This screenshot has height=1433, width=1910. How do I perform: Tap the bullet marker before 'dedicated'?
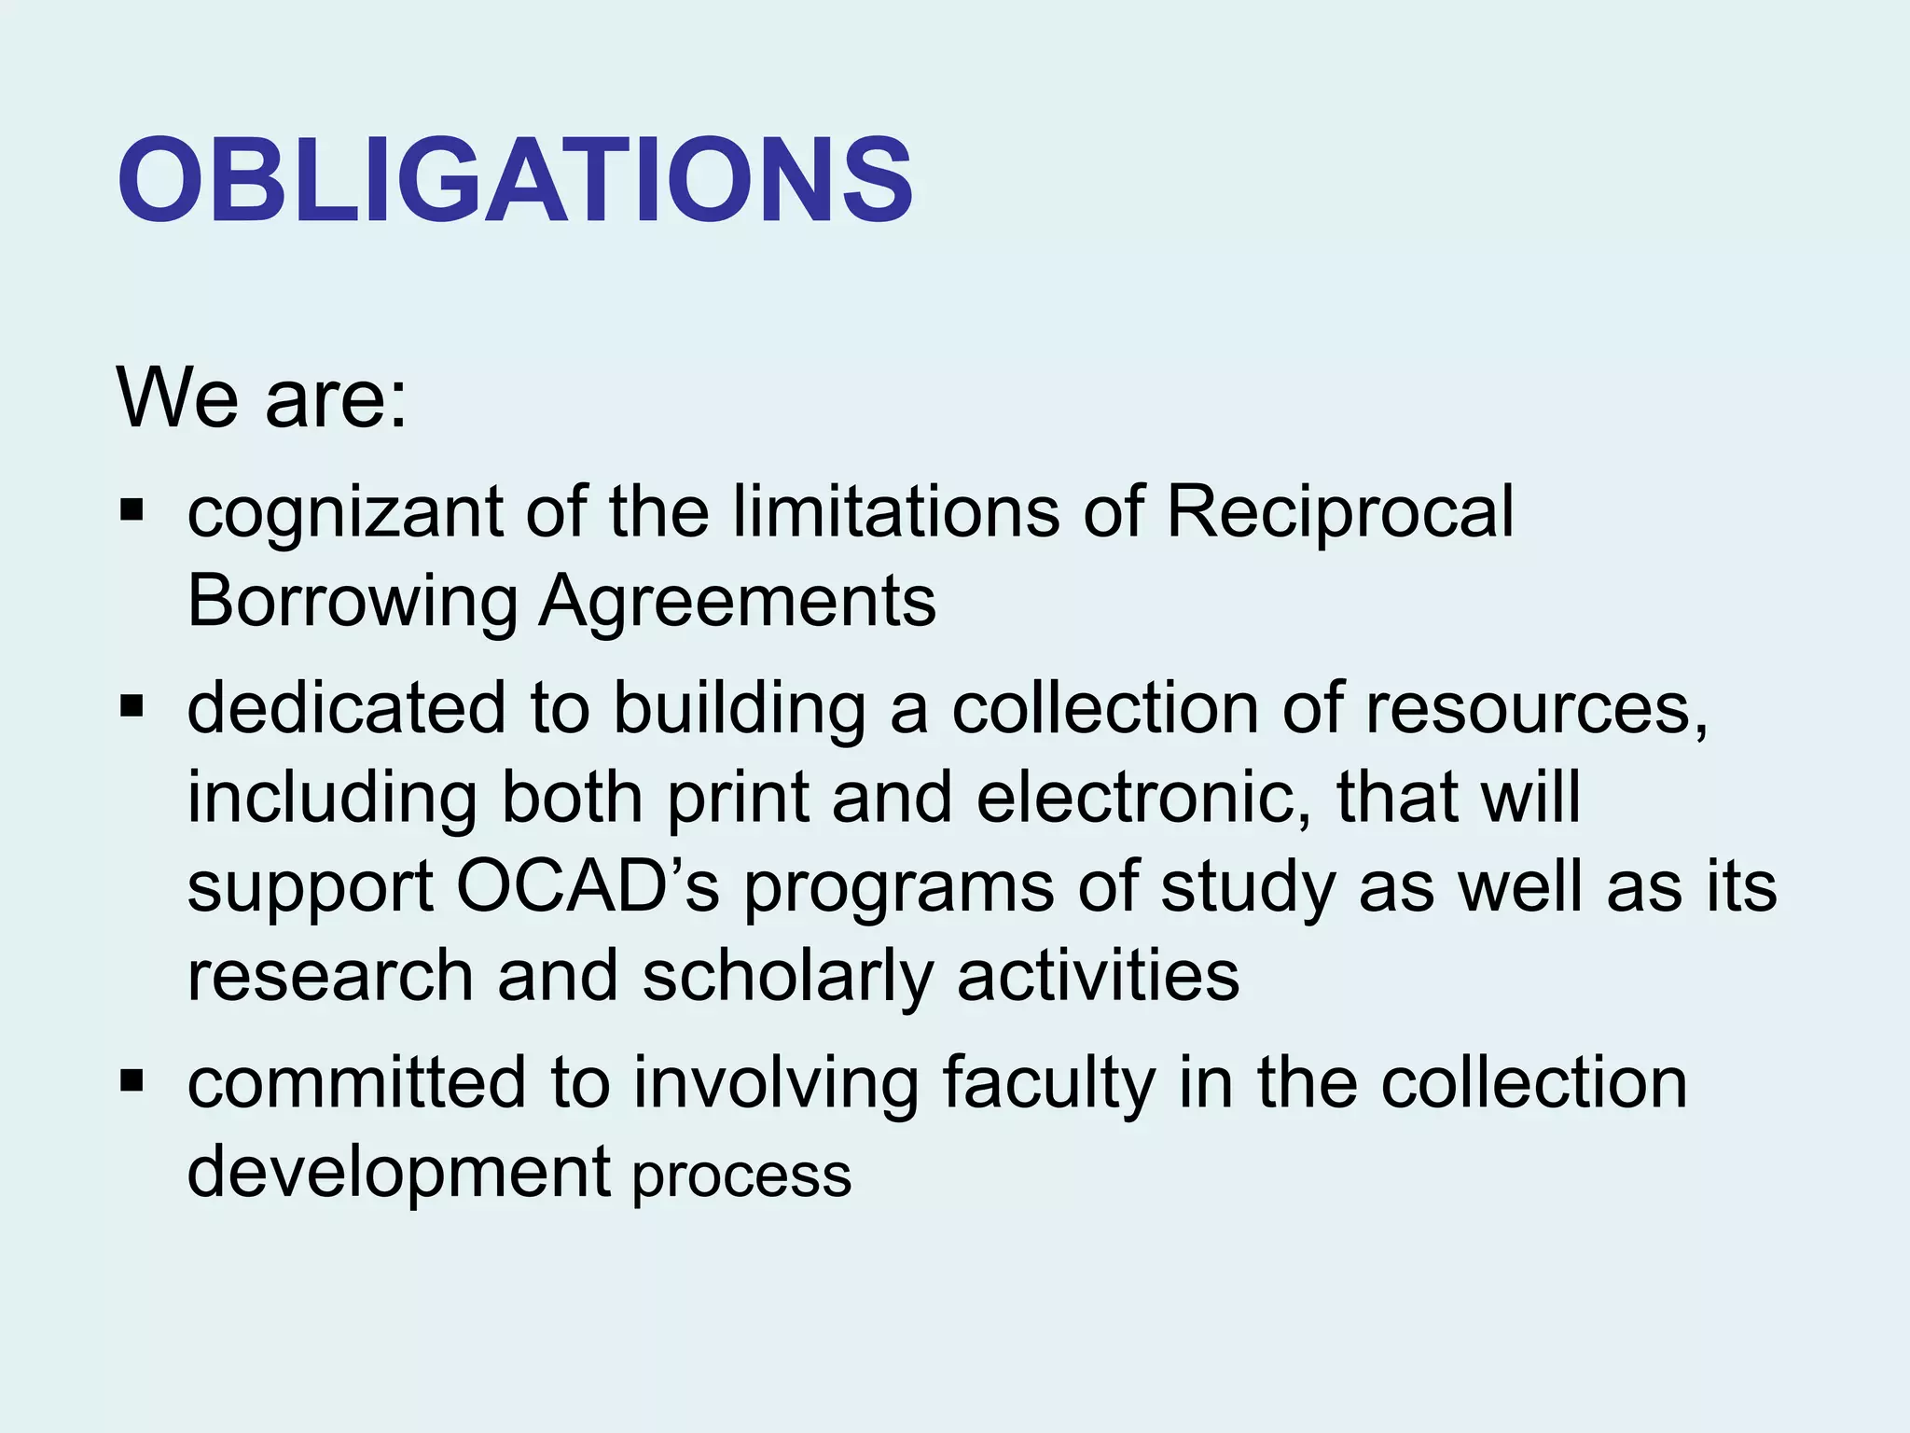click(131, 707)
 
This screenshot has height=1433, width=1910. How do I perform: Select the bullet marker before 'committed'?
click(131, 1082)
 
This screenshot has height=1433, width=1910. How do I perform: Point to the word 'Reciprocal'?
click(1339, 513)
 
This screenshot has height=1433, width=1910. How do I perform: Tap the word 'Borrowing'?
click(353, 603)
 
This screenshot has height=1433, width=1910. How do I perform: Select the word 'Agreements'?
click(738, 603)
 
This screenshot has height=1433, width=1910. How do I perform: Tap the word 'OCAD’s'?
click(588, 886)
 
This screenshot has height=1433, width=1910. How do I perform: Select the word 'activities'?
click(1098, 976)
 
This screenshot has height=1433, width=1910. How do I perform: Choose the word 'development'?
click(398, 1174)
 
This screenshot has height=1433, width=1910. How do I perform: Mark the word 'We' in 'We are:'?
click(178, 397)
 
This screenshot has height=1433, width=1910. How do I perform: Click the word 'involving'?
click(776, 1084)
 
